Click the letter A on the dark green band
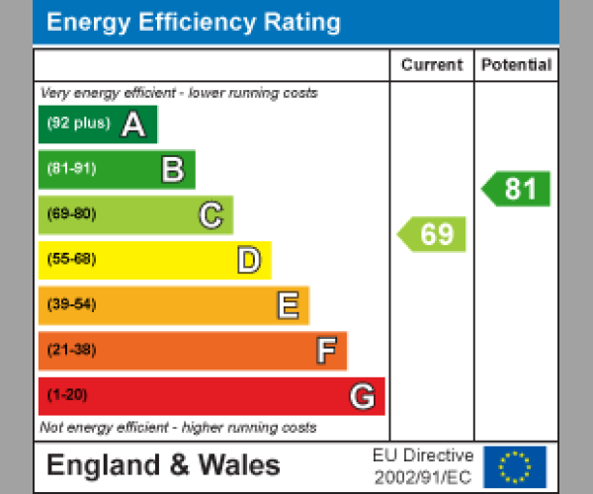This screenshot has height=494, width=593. [x=132, y=124]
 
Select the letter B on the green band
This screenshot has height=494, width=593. [x=172, y=170]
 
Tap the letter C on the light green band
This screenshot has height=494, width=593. [x=211, y=215]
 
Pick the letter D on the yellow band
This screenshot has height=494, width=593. [x=248, y=261]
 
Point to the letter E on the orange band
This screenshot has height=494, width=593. [x=287, y=306]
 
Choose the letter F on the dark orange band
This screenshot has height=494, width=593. [x=325, y=351]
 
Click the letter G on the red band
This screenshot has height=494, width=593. [x=362, y=396]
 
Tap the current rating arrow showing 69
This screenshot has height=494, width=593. [x=432, y=234]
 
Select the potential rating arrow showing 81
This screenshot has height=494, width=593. [x=516, y=189]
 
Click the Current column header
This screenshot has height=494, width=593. [x=432, y=65]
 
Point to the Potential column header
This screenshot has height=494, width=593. [x=516, y=65]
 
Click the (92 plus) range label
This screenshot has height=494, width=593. [x=78, y=124]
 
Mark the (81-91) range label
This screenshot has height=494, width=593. [x=71, y=169]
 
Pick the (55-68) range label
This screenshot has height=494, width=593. [x=71, y=260]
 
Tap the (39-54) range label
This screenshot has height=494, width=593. [x=71, y=305]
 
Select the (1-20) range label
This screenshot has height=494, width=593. [x=67, y=395]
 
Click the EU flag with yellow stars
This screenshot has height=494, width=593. [x=514, y=466]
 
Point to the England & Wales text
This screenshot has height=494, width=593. [x=163, y=466]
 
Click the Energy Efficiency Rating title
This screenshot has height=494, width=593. [x=194, y=23]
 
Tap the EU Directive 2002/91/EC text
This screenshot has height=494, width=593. [x=424, y=466]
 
